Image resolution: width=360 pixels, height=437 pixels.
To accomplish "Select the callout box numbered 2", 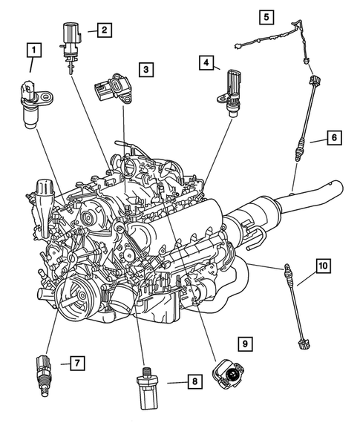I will coord(104,30).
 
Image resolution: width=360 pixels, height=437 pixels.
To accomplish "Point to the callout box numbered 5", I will coord(266,15).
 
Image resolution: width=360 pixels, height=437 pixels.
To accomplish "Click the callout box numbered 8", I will coord(193,382).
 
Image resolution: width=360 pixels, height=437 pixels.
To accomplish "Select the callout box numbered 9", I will coord(246,344).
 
